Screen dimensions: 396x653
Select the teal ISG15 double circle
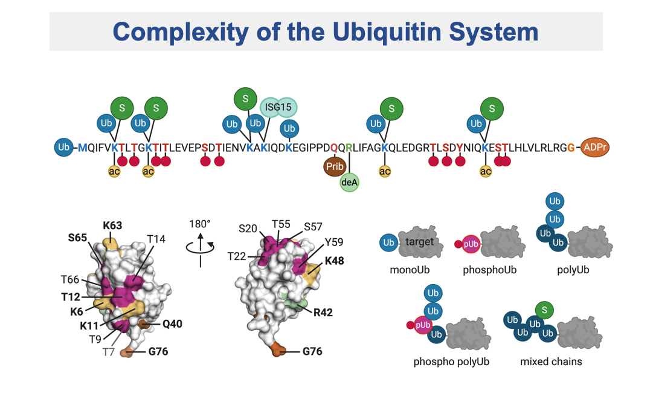279,107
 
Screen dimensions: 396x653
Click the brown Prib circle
335,165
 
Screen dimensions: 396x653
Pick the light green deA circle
350,181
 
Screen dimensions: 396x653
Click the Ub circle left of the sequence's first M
63,147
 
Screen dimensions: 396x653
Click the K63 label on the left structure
112,226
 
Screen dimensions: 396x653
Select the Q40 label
172,323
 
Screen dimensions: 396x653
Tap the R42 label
323,313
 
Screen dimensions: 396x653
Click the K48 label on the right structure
335,261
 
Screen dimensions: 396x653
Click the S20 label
248,228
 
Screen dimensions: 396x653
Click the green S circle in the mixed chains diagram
545,311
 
